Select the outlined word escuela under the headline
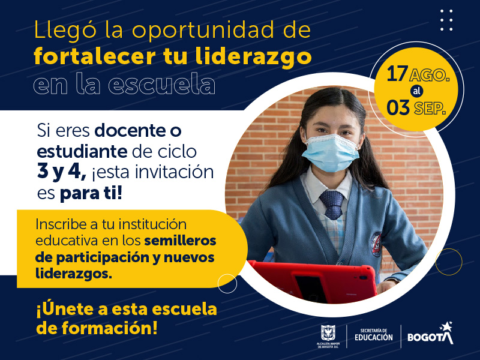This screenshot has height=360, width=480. [161, 83]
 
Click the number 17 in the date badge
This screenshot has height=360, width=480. [397, 74]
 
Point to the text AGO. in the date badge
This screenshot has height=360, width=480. [430, 75]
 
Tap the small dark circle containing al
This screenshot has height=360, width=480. [416, 91]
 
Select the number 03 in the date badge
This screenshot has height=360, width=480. [398, 108]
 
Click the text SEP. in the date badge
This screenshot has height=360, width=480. [430, 109]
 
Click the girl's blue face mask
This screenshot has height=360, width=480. [331, 153]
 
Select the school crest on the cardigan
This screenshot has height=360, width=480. [376, 244]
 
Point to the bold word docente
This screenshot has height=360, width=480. [128, 130]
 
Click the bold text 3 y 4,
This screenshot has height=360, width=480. [62, 172]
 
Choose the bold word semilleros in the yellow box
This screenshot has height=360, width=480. [181, 241]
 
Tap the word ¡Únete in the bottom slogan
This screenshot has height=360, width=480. [72, 309]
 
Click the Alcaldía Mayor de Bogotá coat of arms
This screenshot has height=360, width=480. [328, 333]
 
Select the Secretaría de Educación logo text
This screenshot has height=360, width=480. [373, 335]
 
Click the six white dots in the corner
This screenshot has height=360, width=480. [446, 20]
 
